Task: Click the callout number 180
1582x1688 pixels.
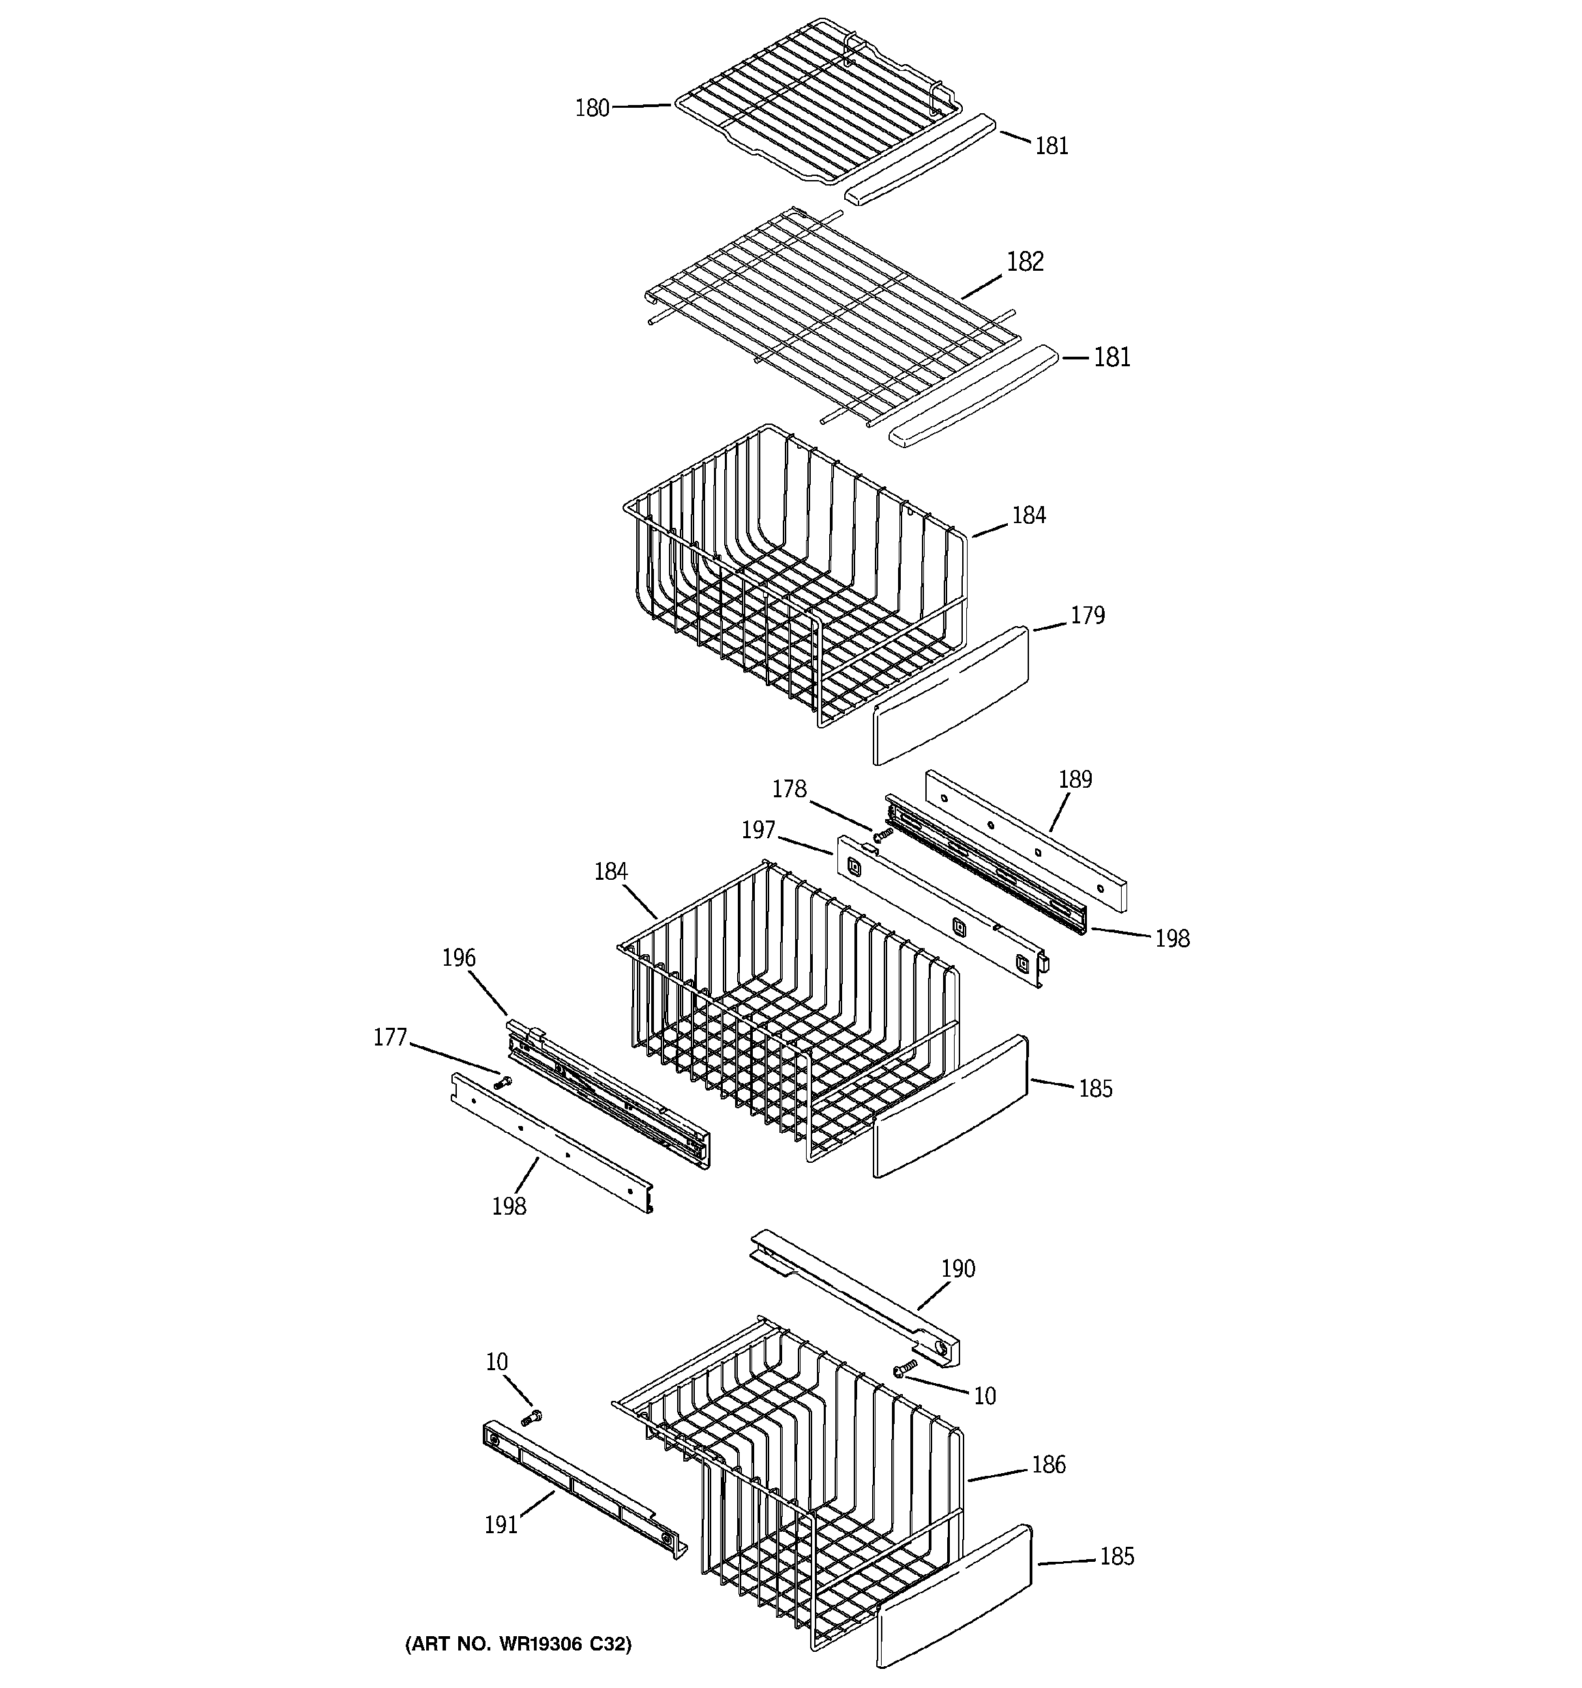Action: (x=592, y=108)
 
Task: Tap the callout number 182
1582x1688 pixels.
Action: (x=1024, y=261)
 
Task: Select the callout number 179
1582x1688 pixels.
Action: (x=1087, y=616)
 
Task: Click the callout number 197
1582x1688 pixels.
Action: (x=758, y=829)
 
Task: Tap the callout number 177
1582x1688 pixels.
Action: (x=391, y=1037)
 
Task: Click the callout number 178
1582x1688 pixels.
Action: (x=788, y=790)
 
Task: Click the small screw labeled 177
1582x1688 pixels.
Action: (x=503, y=1082)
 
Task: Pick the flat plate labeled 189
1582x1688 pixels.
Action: (x=1026, y=841)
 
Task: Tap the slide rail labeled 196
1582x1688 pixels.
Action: (x=607, y=1095)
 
